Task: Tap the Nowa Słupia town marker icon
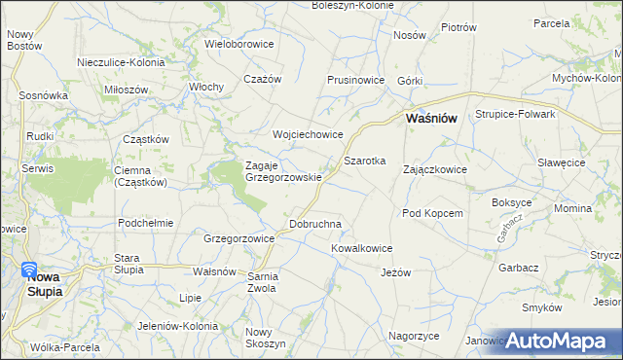(29, 270)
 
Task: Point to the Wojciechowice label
(308, 134)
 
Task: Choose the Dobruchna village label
(315, 224)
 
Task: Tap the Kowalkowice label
(361, 248)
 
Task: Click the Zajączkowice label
(435, 169)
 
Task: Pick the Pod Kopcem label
(431, 213)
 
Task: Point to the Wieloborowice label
(239, 44)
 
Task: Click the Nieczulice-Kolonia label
(121, 61)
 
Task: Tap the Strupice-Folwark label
(515, 114)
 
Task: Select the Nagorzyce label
(414, 335)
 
